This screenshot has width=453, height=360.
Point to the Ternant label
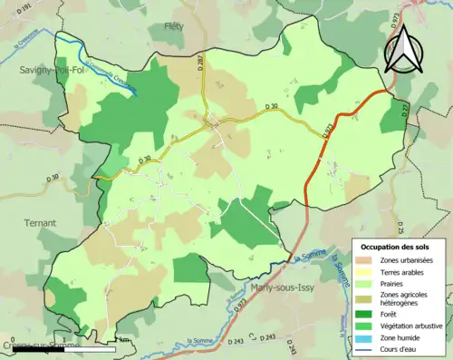tap(40, 222)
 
